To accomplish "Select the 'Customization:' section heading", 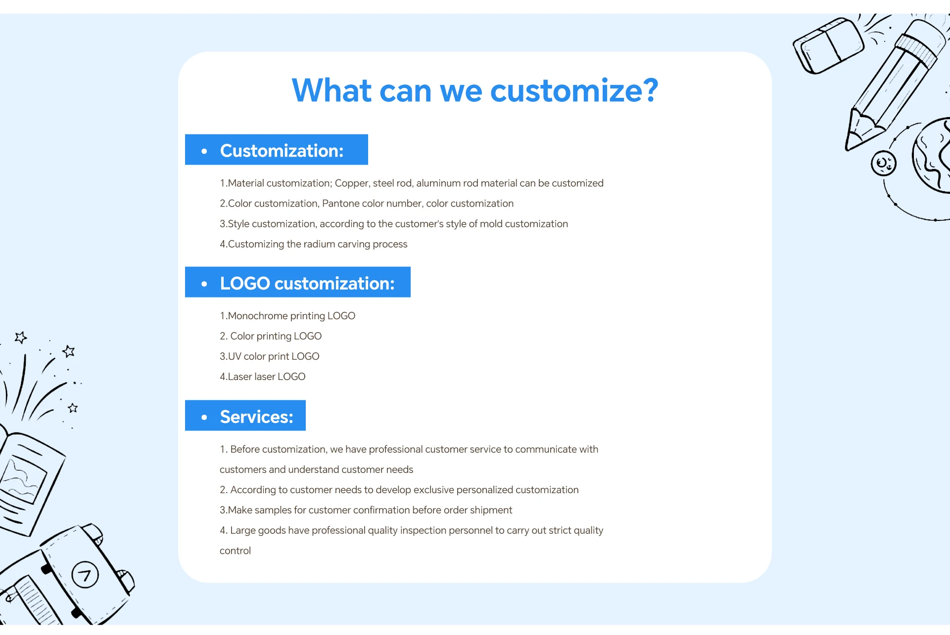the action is [282, 151].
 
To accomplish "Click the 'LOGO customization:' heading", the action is [307, 283].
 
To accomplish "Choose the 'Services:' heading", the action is [256, 417].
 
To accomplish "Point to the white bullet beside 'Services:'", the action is [204, 417].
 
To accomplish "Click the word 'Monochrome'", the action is [258, 316].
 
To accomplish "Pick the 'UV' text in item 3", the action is [235, 356].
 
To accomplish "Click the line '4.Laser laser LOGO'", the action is [262, 377].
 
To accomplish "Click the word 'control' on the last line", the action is [235, 551].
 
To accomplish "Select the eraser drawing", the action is [828, 45].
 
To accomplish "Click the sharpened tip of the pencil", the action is [848, 147].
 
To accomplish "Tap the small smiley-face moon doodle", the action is [884, 163].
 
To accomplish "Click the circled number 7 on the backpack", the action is [85, 575].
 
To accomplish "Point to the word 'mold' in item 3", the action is [491, 224].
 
